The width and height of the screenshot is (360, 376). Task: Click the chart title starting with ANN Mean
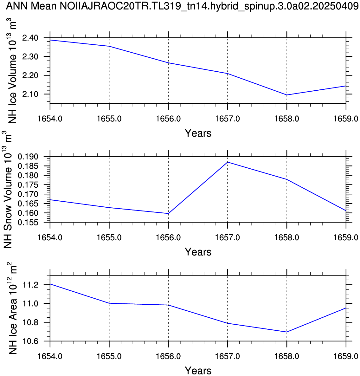point(180,6)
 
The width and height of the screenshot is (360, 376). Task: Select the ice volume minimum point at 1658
point(287,95)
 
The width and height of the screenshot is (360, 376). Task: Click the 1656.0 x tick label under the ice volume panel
point(168,119)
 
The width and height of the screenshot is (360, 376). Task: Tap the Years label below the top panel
point(198,133)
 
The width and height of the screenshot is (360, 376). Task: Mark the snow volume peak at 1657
point(228,162)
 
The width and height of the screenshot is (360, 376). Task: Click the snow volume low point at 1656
point(168,213)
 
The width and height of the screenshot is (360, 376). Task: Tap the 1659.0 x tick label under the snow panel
point(346,237)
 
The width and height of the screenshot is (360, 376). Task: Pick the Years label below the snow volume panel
point(198,252)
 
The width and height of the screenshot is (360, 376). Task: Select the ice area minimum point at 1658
point(287,332)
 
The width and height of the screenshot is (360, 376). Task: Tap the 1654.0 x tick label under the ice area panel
point(50,356)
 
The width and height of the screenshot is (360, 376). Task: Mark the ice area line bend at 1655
point(109,303)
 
